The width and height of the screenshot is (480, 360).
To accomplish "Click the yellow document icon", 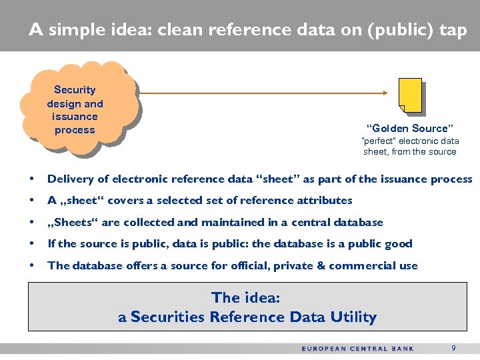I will (x=410, y=95).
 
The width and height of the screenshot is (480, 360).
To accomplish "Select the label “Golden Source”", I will (x=409, y=128).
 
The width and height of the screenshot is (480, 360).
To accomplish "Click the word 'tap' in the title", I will (x=453, y=30).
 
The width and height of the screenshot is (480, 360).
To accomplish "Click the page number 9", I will (x=453, y=348).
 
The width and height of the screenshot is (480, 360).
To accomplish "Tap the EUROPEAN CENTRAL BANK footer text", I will (x=357, y=349).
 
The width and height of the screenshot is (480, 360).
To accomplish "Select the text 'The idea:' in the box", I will (x=247, y=297).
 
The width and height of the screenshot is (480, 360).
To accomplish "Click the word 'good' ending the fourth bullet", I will (x=399, y=243).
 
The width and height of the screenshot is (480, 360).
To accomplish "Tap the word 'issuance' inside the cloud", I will (x=75, y=117).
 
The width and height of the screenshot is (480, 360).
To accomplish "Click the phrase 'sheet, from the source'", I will (x=409, y=151).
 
